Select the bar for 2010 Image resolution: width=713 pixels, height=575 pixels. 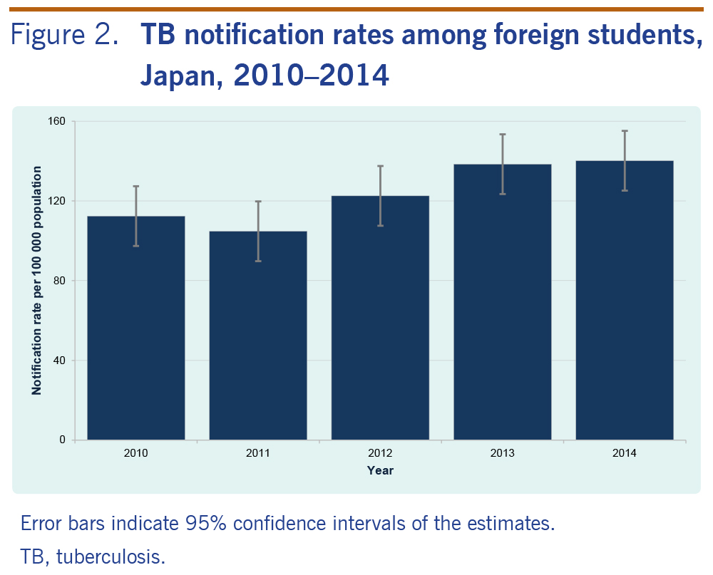click(135, 328)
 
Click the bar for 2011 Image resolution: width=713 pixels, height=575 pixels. click(258, 335)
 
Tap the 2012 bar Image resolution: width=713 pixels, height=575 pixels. click(380, 318)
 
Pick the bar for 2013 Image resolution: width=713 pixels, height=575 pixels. click(503, 302)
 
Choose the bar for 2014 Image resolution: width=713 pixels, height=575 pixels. click(625, 300)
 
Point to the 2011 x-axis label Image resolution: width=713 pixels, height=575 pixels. click(258, 453)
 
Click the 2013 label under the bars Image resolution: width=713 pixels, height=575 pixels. click(503, 453)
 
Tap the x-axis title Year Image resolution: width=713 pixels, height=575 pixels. click(380, 470)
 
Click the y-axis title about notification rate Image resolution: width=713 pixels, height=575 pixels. click(36, 281)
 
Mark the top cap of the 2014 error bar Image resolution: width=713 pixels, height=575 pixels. click(625, 131)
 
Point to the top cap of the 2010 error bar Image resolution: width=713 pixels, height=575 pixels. click(135, 186)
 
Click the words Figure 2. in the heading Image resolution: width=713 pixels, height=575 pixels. click(64, 36)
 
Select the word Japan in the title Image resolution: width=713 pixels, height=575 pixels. click(174, 74)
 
